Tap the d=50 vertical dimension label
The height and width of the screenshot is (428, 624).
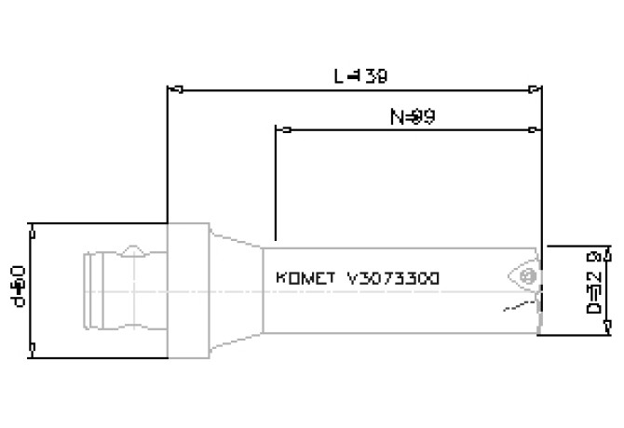[20, 288]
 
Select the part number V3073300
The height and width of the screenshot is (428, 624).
[393, 278]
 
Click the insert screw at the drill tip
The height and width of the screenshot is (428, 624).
[528, 277]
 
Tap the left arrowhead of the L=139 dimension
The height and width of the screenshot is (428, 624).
[172, 90]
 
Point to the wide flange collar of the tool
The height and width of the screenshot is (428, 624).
[186, 289]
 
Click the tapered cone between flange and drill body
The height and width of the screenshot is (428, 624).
[234, 288]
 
